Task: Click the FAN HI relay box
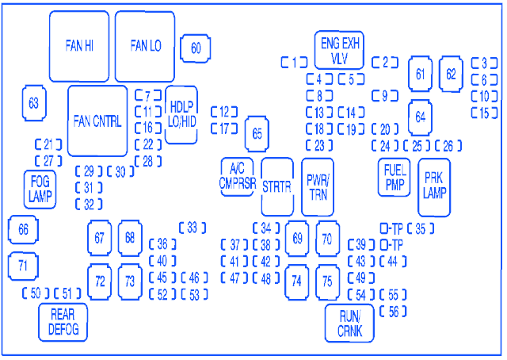pyautogui.click(x=79, y=46)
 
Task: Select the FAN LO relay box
pyautogui.click(x=145, y=46)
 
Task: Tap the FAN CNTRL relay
pyautogui.click(x=97, y=121)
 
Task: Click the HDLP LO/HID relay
pyautogui.click(x=181, y=114)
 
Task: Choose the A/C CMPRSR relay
pyautogui.click(x=237, y=176)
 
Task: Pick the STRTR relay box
pyautogui.click(x=277, y=186)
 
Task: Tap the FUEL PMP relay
pyautogui.click(x=394, y=178)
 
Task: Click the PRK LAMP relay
pyautogui.click(x=434, y=187)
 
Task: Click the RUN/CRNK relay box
pyautogui.click(x=349, y=323)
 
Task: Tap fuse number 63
pyautogui.click(x=33, y=103)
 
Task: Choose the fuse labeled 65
pyautogui.click(x=257, y=133)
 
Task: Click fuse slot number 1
pyautogui.click(x=294, y=62)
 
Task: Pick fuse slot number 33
pyautogui.click(x=192, y=228)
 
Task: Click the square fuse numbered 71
pyautogui.click(x=23, y=265)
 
